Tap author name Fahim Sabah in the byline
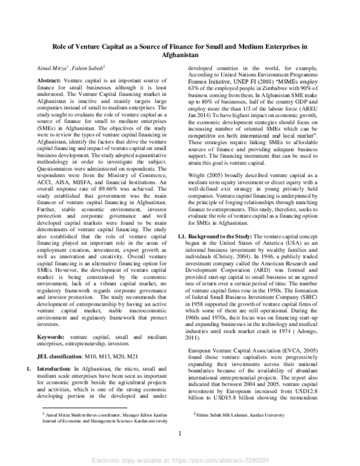point(88,69)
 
